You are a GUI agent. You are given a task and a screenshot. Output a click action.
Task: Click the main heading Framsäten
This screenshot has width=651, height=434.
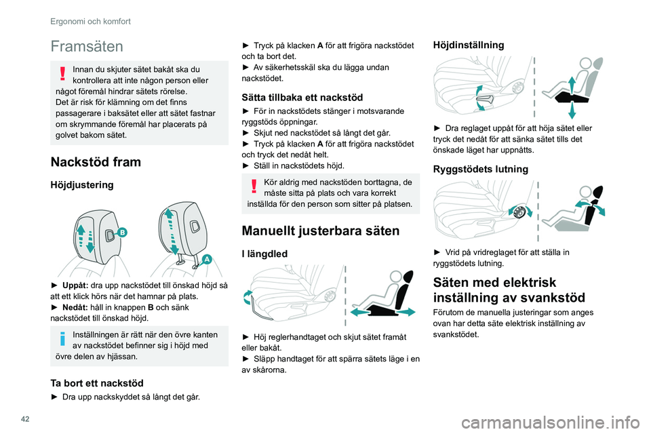(86, 46)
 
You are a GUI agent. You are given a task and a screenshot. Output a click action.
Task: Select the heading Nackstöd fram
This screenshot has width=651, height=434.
(96, 161)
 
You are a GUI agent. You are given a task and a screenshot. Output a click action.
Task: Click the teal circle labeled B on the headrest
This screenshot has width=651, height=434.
(123, 232)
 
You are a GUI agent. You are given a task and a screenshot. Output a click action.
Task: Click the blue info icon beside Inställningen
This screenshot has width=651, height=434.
(63, 338)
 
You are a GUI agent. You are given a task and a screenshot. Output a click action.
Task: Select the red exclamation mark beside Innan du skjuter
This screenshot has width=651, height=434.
(63, 73)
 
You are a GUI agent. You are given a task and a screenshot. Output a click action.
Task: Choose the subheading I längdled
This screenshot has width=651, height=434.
(267, 254)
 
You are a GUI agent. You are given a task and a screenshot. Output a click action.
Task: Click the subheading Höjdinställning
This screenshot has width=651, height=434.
(468, 45)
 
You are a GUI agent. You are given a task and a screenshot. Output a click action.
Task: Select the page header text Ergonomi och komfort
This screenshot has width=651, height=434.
(90, 21)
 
